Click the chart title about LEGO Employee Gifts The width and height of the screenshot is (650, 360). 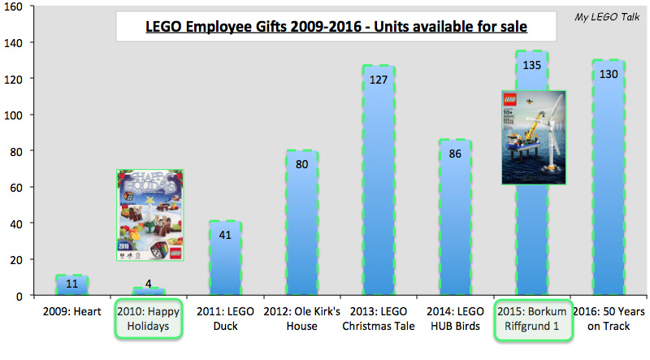325,27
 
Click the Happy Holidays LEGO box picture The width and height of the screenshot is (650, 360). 149,215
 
